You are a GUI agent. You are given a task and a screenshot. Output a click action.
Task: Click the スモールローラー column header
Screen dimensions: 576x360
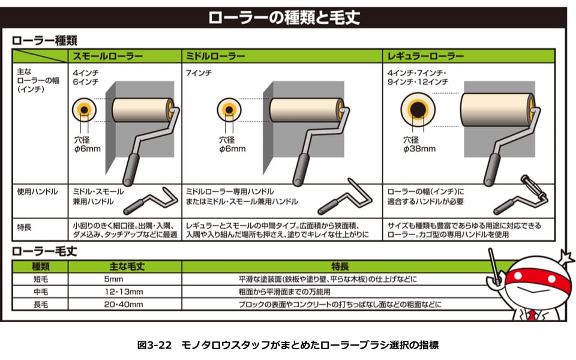pos(107,56)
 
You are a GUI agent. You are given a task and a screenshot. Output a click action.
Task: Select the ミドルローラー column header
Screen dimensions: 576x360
pos(215,56)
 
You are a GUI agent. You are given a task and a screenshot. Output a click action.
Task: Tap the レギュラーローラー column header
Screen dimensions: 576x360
pos(425,56)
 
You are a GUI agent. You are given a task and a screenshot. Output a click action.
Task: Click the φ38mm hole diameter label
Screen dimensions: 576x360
pos(419,149)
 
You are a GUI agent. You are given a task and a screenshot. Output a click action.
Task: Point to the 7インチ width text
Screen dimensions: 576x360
pos(199,73)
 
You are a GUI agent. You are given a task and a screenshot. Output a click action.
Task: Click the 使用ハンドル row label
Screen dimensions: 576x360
pos(37,192)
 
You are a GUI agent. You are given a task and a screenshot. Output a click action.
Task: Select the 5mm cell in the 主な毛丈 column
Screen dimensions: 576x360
pos(113,279)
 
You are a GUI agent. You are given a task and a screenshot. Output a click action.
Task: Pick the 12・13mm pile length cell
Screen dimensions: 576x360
pos(124,292)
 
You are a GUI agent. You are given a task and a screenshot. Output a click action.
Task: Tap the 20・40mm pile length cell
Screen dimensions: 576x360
pos(124,305)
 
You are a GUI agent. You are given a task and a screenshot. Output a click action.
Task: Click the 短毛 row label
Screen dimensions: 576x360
pos(40,279)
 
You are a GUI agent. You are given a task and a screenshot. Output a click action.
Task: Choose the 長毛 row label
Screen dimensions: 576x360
pos(40,305)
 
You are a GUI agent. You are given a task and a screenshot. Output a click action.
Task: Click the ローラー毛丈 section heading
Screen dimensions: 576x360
pos(44,251)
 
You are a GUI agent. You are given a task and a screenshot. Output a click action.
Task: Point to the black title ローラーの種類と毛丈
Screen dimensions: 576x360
pos(284,17)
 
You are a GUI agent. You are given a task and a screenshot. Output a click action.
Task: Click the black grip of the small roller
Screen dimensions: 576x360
pos(131,169)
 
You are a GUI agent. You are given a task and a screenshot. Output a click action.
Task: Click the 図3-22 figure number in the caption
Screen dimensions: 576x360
pos(154,346)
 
